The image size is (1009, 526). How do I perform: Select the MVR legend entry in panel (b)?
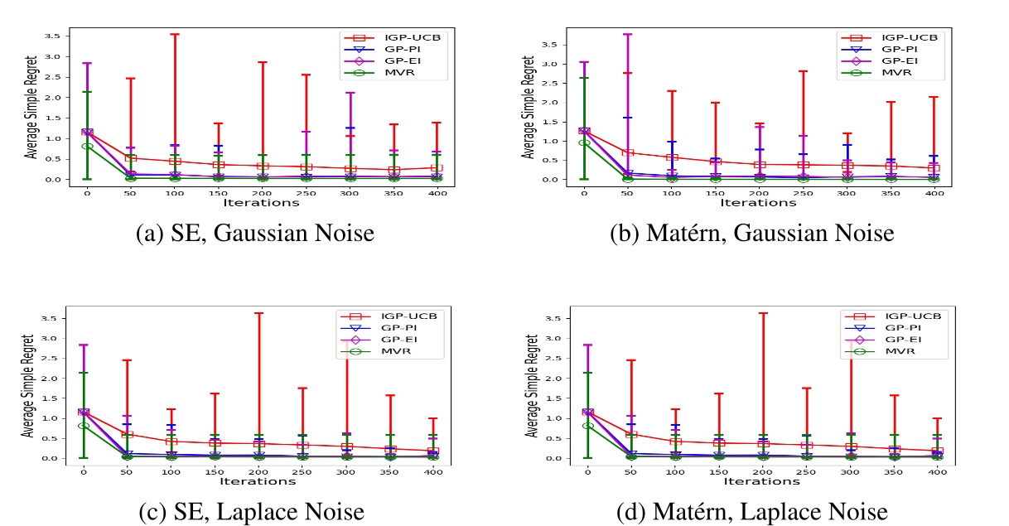pos(891,73)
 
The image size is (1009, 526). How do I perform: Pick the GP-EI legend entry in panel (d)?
pos(895,340)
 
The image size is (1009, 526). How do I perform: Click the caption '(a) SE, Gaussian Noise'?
pos(254,234)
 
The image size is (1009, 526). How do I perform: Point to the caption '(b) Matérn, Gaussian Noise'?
pos(751,234)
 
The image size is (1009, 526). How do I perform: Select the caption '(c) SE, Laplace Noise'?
pos(251,512)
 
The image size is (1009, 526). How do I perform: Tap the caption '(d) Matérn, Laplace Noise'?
pos(752,512)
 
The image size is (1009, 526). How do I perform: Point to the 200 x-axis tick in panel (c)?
pos(258,471)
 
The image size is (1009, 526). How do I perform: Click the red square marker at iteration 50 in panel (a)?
pos(130,157)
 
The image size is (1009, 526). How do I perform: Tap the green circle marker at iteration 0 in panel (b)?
pos(583,142)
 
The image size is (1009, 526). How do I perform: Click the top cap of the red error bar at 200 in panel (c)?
pos(258,313)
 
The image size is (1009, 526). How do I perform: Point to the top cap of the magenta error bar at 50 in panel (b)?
pos(627,35)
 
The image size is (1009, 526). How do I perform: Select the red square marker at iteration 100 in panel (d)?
pos(674,442)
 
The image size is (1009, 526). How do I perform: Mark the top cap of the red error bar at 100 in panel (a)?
pos(174,34)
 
